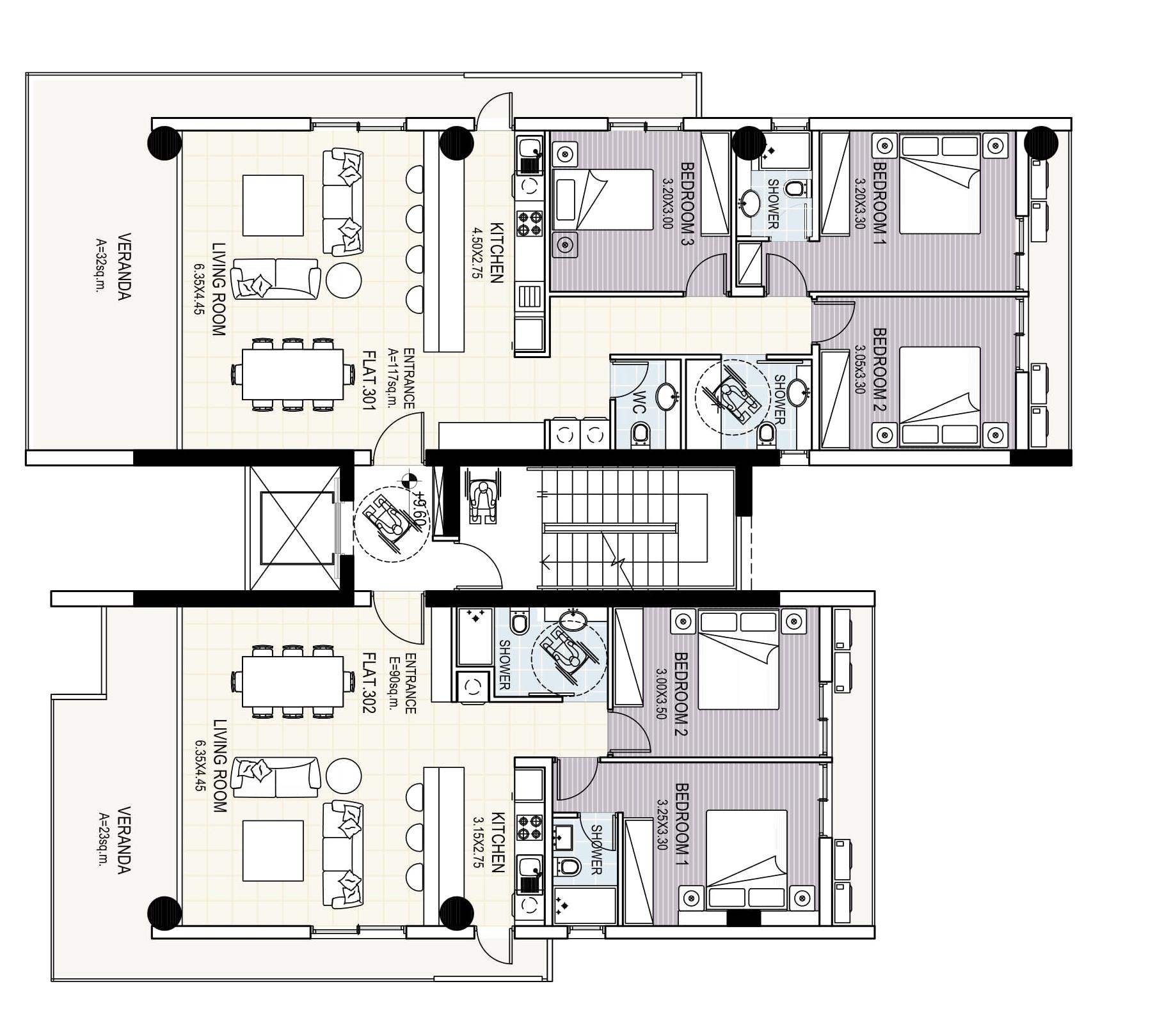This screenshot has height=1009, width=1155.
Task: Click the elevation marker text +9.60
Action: pos(420,509)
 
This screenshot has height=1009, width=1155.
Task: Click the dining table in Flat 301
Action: pos(292,373)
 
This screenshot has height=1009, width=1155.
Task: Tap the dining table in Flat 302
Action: pos(292,680)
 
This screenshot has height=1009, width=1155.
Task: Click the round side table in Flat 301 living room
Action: pos(344,279)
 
